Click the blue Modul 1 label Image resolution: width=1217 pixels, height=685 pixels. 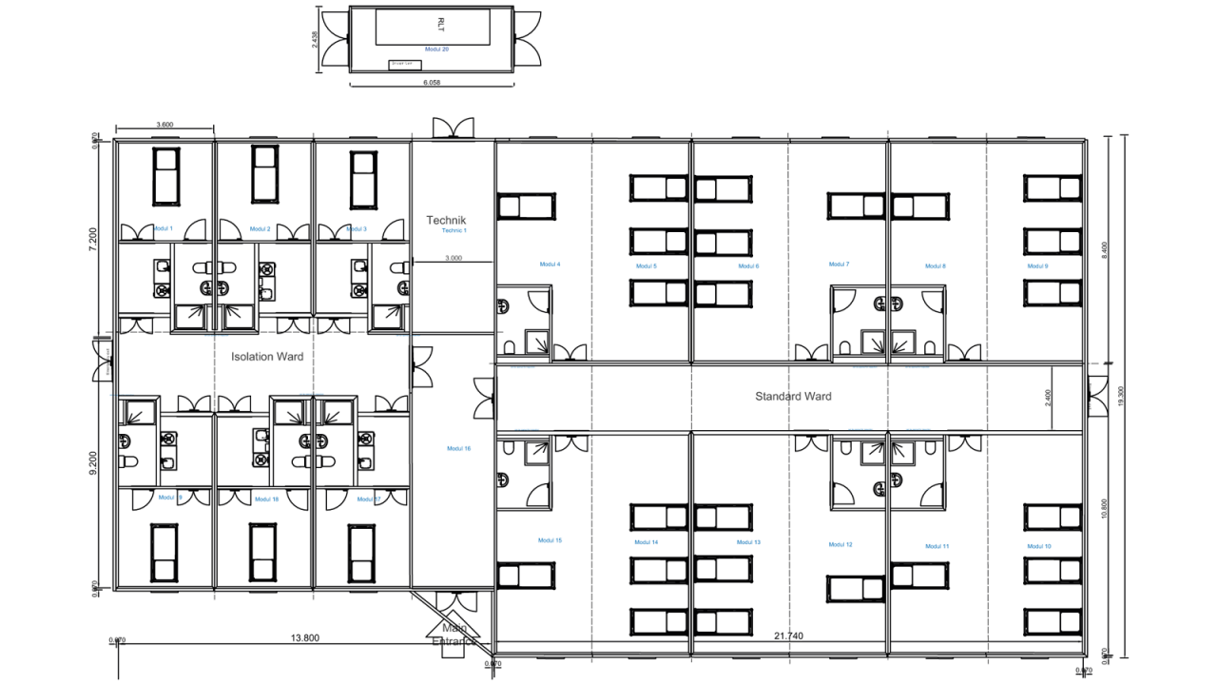pos(164,228)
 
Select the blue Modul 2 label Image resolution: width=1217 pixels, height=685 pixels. pos(261,228)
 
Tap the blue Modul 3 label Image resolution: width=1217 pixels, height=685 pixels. pos(357,228)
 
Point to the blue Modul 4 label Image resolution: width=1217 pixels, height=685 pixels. pos(551,264)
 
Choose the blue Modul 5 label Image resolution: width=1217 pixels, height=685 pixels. pos(647,266)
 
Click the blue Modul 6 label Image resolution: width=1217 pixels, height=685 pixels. pos(748,266)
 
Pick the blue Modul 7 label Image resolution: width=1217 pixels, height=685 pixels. pos(840,264)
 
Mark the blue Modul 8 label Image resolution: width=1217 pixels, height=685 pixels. pos(936,266)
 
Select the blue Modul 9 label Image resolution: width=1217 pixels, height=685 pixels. pos(1037,266)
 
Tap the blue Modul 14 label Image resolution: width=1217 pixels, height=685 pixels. pos(647,542)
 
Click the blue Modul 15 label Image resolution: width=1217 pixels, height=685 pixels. pos(748,542)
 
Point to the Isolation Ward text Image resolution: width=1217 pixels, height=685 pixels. pos(268,357)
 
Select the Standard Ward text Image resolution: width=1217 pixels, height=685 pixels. pos(793,396)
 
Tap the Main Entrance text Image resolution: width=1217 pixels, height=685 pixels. pos(454,635)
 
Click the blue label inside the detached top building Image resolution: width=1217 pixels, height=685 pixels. pos(437,49)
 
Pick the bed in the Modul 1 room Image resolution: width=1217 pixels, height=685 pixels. pos(166,177)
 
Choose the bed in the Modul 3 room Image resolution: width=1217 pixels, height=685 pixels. pos(362,177)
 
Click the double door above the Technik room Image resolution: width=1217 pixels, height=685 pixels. pos(454,127)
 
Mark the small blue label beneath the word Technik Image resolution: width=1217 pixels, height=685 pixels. pos(454,230)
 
